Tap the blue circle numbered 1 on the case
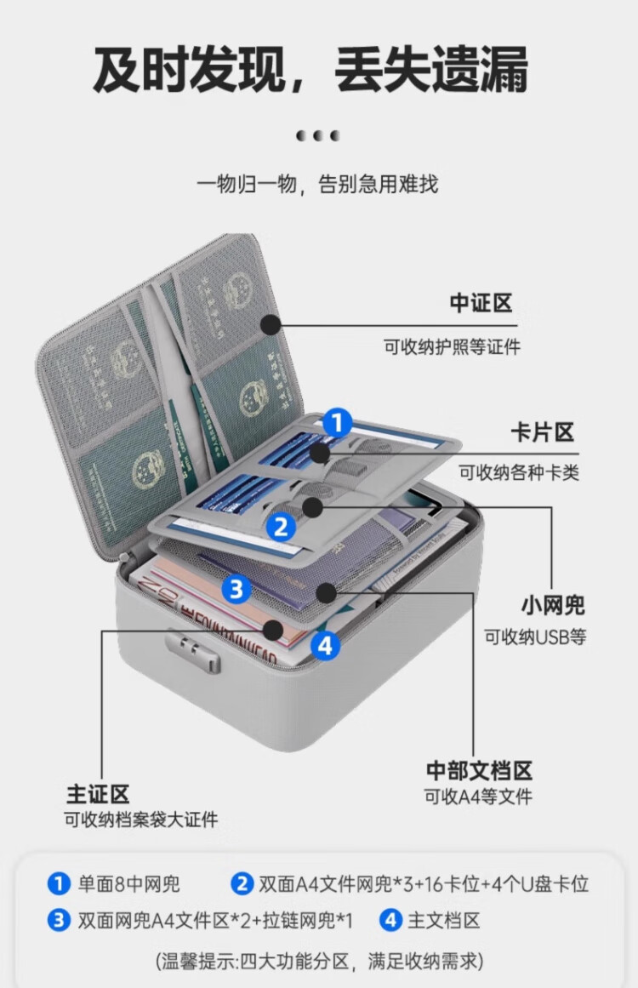337,423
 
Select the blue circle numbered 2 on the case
281,527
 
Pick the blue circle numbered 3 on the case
237,588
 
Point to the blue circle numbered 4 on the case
324,645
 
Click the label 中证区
481,303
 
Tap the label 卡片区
542,432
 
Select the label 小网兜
553,606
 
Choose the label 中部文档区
479,770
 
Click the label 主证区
98,794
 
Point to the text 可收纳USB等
535,637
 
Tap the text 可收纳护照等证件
452,346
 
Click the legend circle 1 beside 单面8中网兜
58,884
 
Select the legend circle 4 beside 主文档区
390,920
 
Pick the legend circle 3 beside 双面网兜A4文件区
58,920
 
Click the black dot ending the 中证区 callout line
271,324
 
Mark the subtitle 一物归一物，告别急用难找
317,184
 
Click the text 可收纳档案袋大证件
141,820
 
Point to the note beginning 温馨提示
319,962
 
